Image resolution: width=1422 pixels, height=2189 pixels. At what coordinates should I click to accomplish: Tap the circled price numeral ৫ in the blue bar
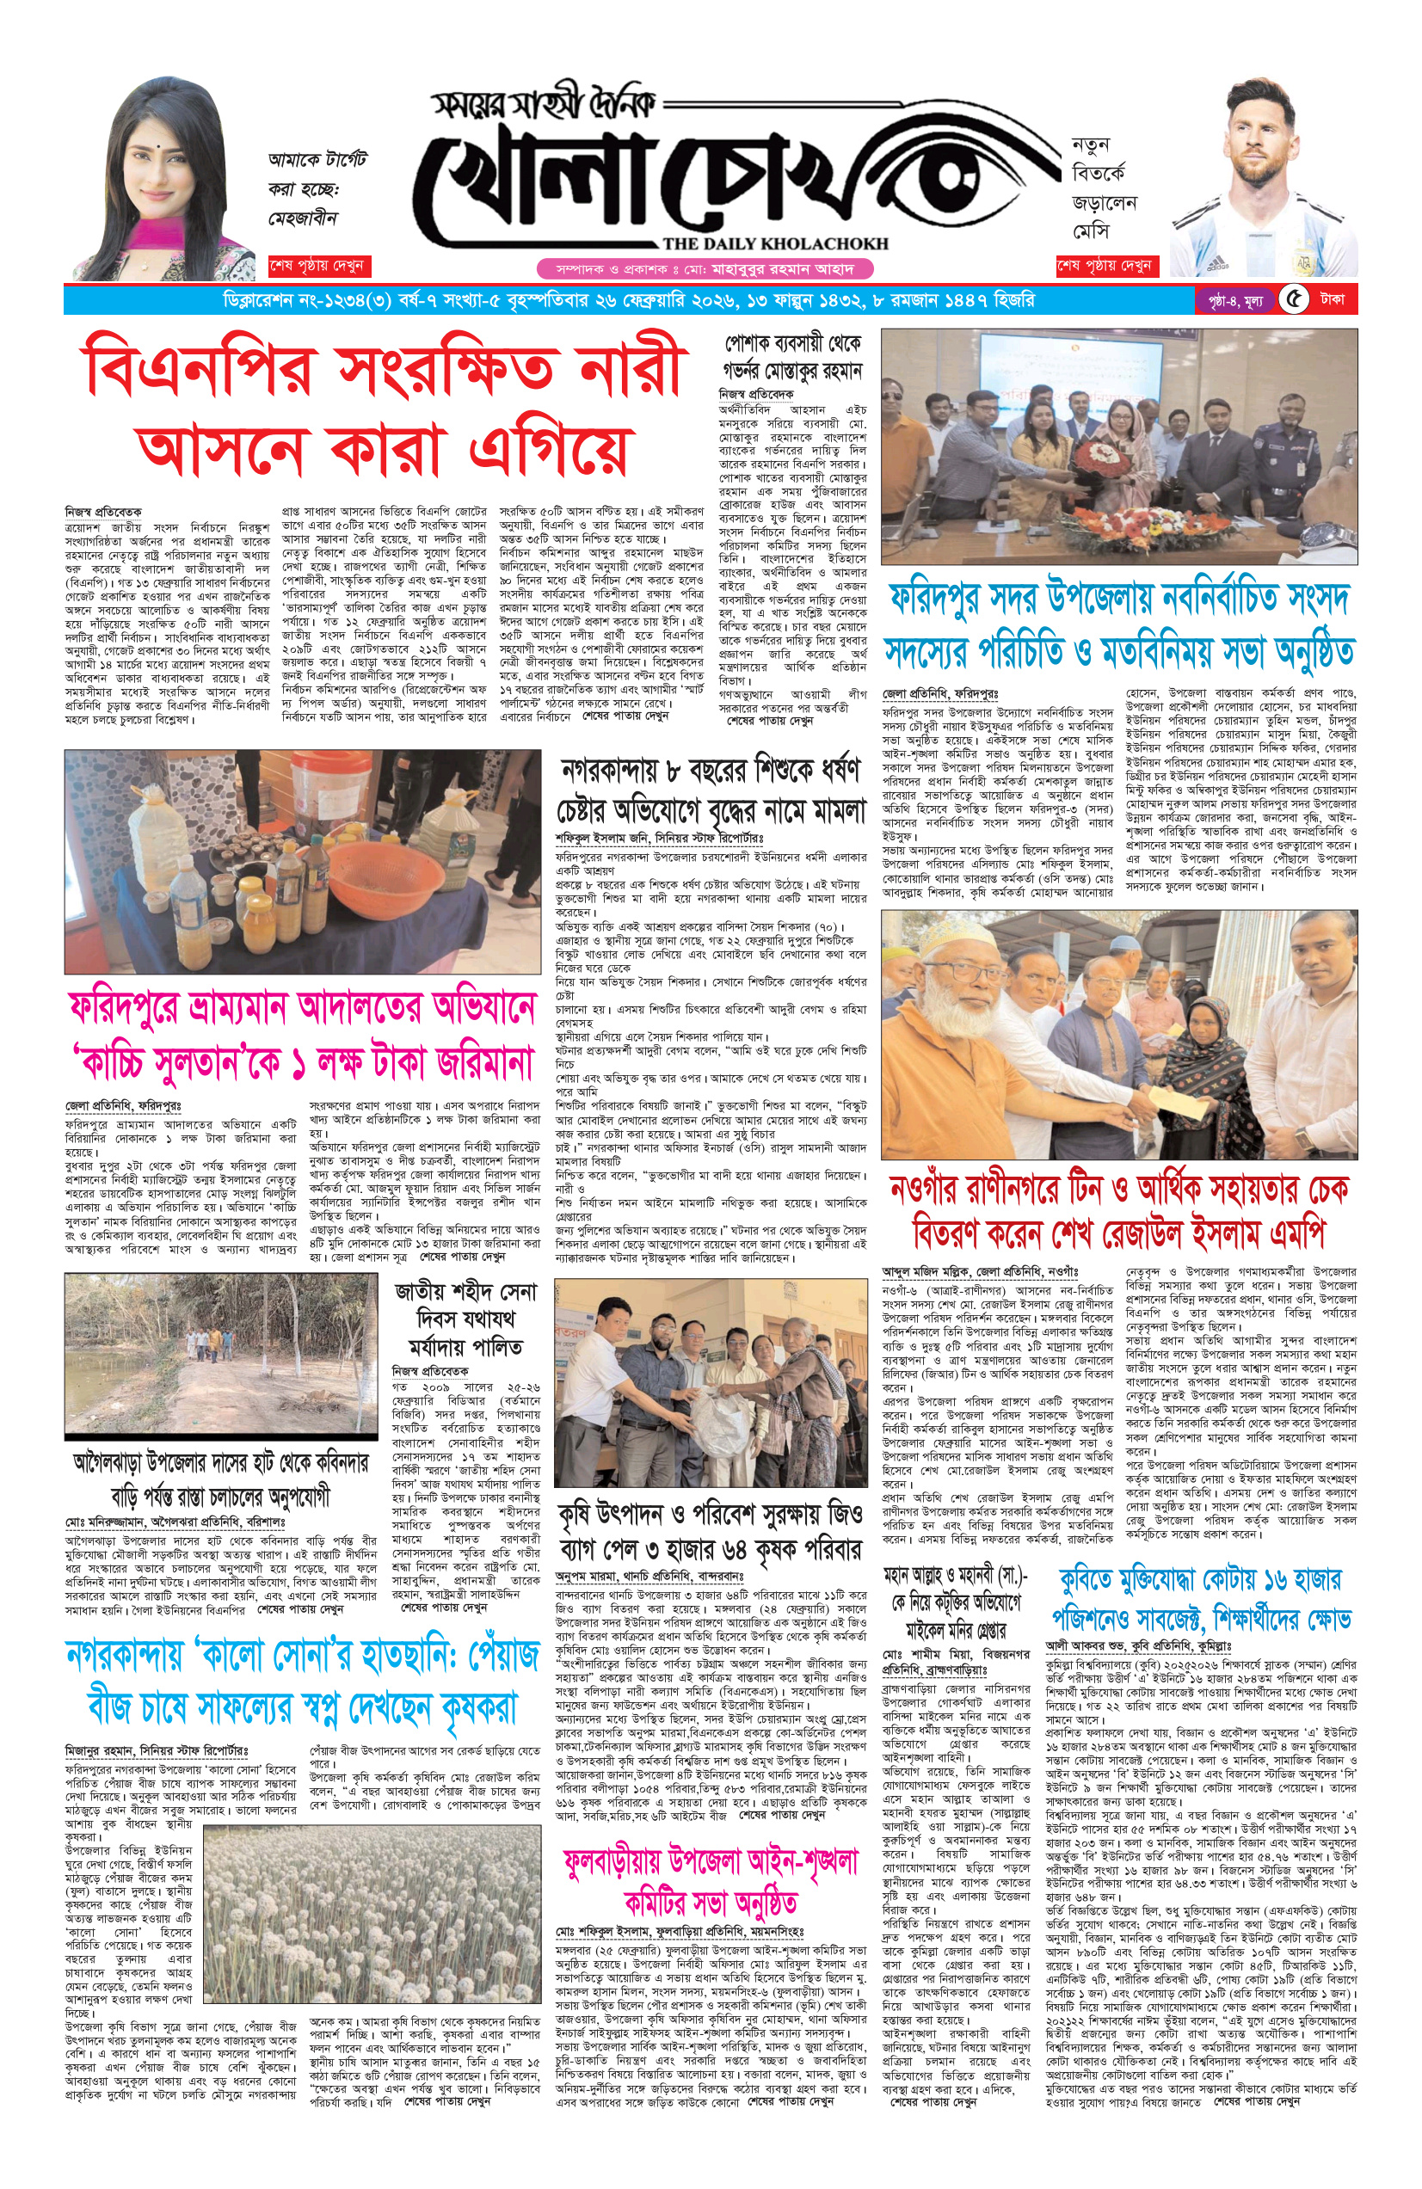1294,301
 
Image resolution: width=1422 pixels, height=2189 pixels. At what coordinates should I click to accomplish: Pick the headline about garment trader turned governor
792,358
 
